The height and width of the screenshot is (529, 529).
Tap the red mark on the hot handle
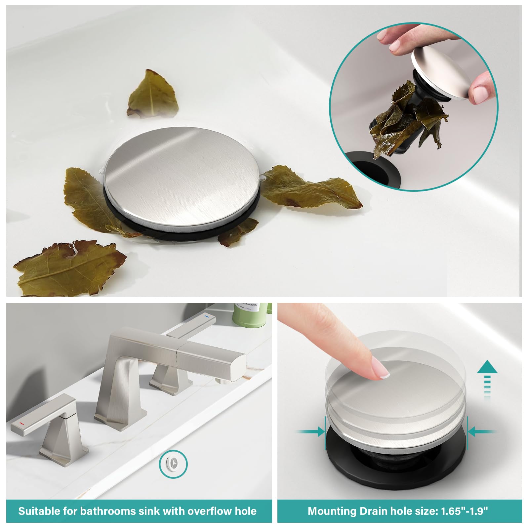coord(21,423)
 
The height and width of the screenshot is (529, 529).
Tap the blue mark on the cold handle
coord(208,316)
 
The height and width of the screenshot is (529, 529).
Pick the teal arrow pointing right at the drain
coord(311,431)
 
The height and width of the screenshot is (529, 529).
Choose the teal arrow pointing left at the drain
coord(482,431)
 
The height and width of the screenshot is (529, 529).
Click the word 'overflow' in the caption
coord(210,511)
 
